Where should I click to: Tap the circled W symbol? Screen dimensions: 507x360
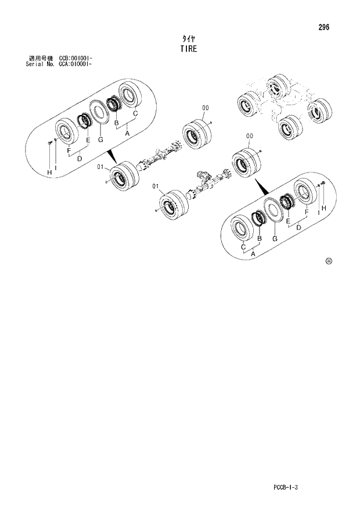pos(328,261)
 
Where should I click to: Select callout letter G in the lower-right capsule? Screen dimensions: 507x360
pos(275,239)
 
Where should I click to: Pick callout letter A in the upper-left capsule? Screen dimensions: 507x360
pos(127,133)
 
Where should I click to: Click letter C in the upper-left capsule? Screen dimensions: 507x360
pos(135,114)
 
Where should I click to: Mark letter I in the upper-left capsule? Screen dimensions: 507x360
pos(56,167)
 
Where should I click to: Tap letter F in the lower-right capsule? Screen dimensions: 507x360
pos(306,212)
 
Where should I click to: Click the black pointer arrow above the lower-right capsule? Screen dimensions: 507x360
pos(259,186)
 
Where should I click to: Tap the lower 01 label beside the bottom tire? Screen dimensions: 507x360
pos(156,186)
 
